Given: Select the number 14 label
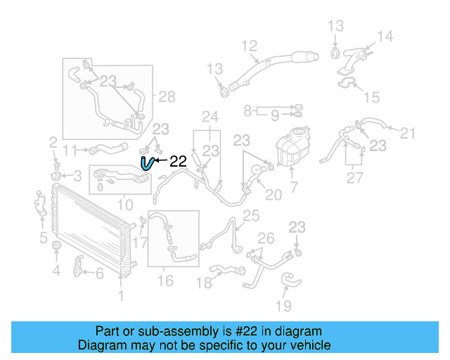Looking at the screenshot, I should coord(385,37).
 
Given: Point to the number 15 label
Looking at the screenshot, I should coord(371,96).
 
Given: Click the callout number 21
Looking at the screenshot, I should coord(408,131).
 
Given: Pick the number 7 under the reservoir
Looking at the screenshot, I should coord(294,188).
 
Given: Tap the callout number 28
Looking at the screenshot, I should coord(167,97).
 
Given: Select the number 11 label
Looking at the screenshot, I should coord(69,149).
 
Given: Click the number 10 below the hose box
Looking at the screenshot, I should coord(124,205).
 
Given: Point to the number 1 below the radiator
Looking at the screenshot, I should coord(121,296).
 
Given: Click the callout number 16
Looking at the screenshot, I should coord(165,281).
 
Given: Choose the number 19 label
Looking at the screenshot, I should coord(283,306).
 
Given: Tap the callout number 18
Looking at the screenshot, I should coord(204,283).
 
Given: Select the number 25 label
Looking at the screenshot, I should coord(251,215).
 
